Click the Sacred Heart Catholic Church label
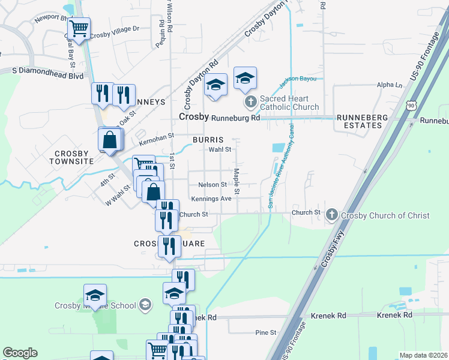click(x=285, y=103)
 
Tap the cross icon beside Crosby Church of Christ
click(x=332, y=214)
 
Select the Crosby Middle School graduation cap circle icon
click(x=144, y=305)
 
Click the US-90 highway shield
click(x=411, y=105)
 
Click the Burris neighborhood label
click(x=208, y=139)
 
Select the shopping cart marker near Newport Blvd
click(x=79, y=28)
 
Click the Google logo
click(x=20, y=353)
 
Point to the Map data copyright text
click(x=424, y=355)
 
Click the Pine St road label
click(x=265, y=332)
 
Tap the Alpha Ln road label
click(x=390, y=85)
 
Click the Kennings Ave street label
click(x=211, y=199)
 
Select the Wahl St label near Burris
click(x=220, y=149)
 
